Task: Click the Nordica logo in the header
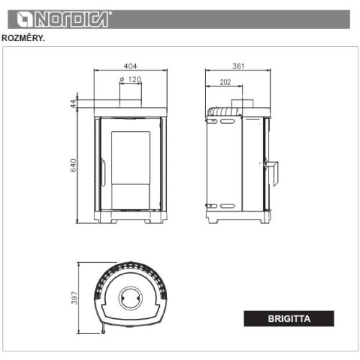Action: click(64, 19)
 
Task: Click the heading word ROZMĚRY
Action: click(23, 38)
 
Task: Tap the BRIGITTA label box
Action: click(289, 318)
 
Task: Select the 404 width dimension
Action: click(130, 66)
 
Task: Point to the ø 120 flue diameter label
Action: click(130, 79)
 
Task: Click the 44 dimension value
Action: click(73, 104)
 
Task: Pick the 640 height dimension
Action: click(73, 166)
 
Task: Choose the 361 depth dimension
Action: click(238, 66)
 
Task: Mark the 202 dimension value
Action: click(225, 82)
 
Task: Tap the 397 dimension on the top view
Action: click(75, 298)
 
